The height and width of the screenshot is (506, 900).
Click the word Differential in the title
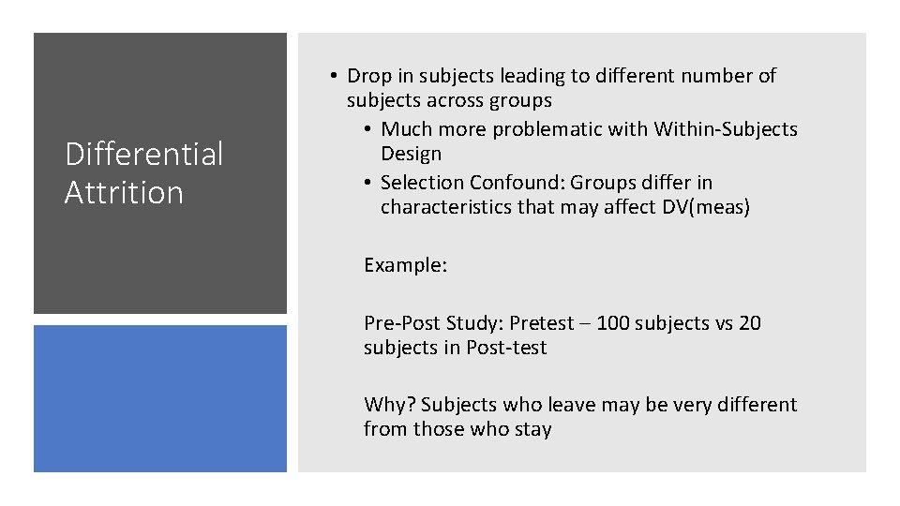(x=143, y=154)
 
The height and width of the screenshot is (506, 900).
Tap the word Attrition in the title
(x=124, y=192)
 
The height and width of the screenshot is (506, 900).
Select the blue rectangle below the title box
(x=160, y=398)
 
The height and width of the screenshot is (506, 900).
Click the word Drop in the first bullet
(x=368, y=76)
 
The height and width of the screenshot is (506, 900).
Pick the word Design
(x=411, y=154)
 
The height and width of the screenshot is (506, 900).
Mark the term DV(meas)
(x=702, y=207)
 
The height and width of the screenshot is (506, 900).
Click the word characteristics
(x=446, y=207)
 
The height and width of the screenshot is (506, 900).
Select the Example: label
(x=405, y=265)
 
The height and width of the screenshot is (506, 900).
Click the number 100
(x=612, y=323)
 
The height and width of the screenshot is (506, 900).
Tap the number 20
(x=749, y=323)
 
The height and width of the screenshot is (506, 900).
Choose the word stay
(x=532, y=430)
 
